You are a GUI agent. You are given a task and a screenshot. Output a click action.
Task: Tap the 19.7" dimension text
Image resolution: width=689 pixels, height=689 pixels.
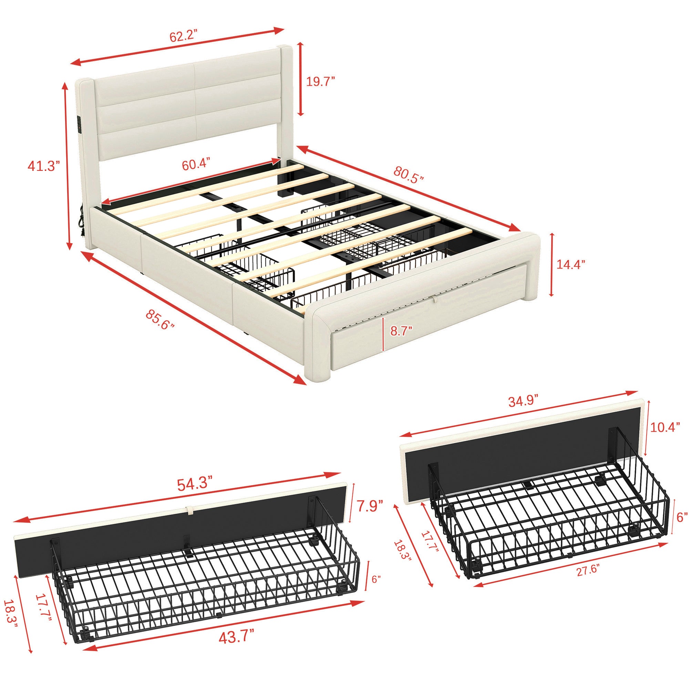[321, 82]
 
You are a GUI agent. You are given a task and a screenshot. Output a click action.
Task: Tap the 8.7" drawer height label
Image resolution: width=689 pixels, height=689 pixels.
[401, 331]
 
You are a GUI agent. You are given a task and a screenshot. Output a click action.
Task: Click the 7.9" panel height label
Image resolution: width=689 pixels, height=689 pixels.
[371, 506]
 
